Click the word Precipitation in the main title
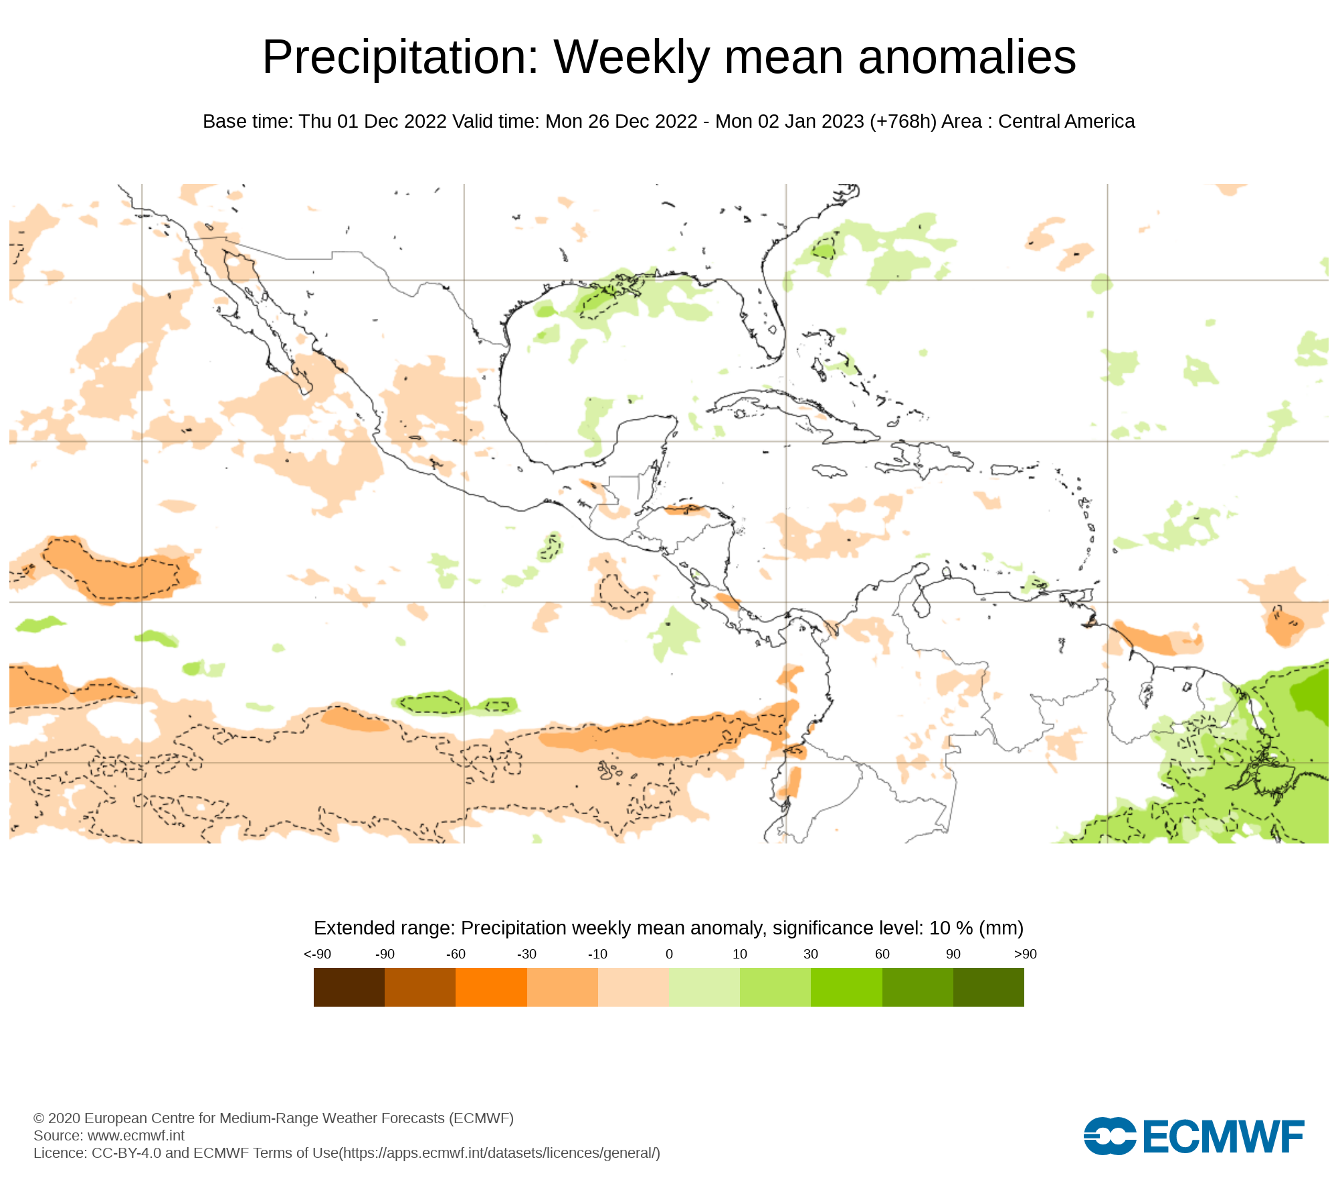pyautogui.click(x=400, y=58)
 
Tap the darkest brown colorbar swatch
pyautogui.click(x=349, y=987)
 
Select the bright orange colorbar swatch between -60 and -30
pyautogui.click(x=491, y=987)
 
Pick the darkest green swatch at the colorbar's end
pyautogui.click(x=988, y=987)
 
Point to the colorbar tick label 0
pyautogui.click(x=669, y=954)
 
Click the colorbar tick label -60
pyautogui.click(x=456, y=954)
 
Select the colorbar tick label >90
pyautogui.click(x=1025, y=954)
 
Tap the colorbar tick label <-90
pyautogui.click(x=317, y=954)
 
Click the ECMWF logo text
pyautogui.click(x=1223, y=1136)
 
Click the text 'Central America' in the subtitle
pyautogui.click(x=1066, y=122)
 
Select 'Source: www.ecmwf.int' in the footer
pyautogui.click(x=109, y=1135)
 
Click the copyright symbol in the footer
pyautogui.click(x=39, y=1118)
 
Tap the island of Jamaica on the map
pyautogui.click(x=830, y=472)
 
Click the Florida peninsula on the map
pyautogui.click(x=769, y=314)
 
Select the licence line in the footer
pyautogui.click(x=347, y=1152)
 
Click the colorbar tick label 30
pyautogui.click(x=811, y=954)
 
